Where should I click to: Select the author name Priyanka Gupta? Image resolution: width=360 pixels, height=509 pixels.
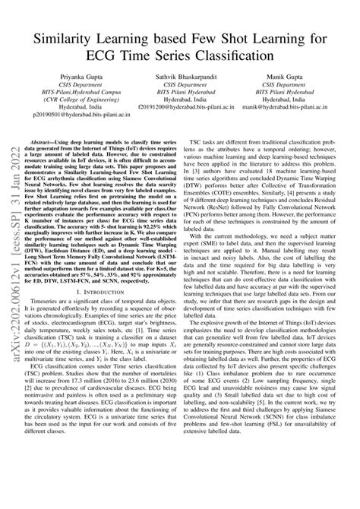tap(77, 78)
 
